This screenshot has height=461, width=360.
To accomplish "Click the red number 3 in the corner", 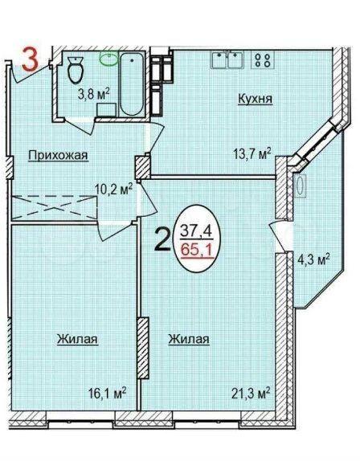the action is (x=31, y=60).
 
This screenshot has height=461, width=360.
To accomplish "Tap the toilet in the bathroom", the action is (x=76, y=69).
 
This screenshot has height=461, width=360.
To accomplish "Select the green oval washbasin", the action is (x=108, y=59).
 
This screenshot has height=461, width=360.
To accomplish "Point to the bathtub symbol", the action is (x=132, y=84).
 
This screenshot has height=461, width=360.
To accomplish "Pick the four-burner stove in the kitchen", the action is (x=262, y=59).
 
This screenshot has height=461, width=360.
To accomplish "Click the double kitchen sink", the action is (x=227, y=59).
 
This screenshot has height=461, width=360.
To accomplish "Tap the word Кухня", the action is (x=255, y=99).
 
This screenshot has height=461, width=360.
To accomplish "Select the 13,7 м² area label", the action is (x=252, y=153).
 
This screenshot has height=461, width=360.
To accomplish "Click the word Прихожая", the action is (x=58, y=155).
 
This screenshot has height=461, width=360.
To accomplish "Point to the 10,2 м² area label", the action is (x=114, y=190).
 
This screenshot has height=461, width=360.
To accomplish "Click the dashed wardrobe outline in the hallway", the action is (x=55, y=207).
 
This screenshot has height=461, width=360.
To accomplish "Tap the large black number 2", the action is (x=162, y=240).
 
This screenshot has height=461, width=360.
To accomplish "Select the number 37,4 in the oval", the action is (x=196, y=230).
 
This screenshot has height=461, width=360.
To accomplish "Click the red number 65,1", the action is (x=197, y=251).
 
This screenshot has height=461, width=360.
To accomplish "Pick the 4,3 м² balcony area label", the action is (x=313, y=261).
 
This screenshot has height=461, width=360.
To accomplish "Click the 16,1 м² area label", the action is (x=108, y=394).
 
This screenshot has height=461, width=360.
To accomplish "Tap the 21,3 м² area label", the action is (x=251, y=394).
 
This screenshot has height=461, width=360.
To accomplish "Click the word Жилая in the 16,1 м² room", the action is (x=77, y=339).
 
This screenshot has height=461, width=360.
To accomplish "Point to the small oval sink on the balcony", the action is (x=301, y=186).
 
